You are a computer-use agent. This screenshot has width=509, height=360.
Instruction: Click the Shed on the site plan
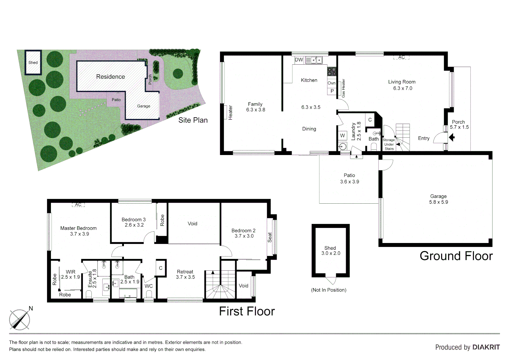click(33, 62)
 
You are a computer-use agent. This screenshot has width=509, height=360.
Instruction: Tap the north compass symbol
click(20, 319)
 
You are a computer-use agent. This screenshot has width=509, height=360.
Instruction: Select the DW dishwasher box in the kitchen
click(299, 60)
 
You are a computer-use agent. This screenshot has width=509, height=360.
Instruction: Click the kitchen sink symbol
click(314, 60)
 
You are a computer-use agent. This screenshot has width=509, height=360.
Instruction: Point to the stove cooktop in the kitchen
click(331, 71)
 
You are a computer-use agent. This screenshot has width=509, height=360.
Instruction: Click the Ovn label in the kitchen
click(331, 83)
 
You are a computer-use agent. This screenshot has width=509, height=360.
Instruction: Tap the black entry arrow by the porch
click(452, 137)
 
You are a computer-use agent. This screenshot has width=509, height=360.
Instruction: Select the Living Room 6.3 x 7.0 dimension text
click(402, 88)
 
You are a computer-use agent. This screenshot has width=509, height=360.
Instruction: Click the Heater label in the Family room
click(230, 113)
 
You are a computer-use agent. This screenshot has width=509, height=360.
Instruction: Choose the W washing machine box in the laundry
click(342, 135)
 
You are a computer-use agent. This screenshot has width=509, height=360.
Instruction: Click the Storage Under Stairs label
click(389, 144)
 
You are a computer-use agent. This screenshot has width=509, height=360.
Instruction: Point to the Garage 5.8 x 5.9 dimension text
click(438, 202)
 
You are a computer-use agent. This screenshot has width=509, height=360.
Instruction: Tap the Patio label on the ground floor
click(349, 175)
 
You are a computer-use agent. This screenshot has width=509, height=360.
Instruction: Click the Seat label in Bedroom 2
click(270, 237)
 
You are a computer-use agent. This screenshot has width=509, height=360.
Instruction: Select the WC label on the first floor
click(149, 286)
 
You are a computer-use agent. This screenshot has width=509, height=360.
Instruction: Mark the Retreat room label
click(185, 272)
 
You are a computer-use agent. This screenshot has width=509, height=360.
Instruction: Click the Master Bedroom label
click(78, 228)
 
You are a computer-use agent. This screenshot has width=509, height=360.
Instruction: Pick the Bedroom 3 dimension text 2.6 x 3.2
click(134, 225)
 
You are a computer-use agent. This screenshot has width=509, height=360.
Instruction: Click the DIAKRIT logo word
click(486, 347)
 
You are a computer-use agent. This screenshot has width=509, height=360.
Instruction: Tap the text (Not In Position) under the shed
click(328, 290)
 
